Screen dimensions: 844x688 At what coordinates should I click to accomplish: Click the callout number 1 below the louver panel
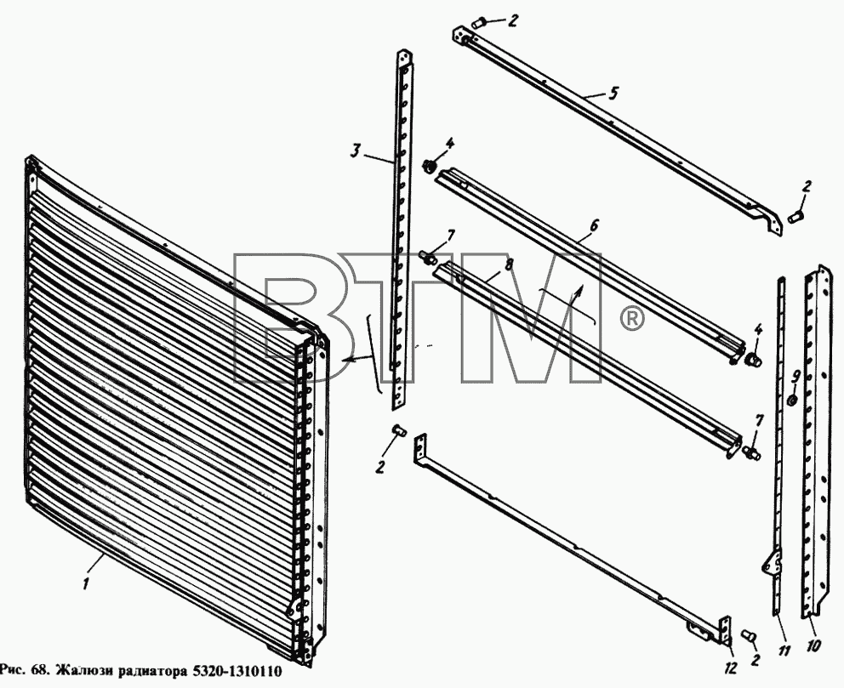tap(87, 583)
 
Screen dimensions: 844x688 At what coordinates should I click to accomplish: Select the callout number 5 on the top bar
tap(613, 93)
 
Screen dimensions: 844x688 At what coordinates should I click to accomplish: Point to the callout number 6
tap(593, 226)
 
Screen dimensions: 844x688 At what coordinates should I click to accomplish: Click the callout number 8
tap(509, 264)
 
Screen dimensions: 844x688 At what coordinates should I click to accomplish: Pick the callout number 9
tap(796, 377)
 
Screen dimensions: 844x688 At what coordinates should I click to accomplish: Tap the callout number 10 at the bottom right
tap(813, 645)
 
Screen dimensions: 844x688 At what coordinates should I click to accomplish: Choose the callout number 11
tap(784, 651)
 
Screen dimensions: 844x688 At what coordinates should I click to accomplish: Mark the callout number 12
tap(730, 668)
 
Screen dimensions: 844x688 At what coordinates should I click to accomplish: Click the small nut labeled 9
tap(792, 401)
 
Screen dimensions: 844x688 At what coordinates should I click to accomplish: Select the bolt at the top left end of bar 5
tap(479, 24)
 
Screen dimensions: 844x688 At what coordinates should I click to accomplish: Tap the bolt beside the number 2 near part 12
tap(749, 636)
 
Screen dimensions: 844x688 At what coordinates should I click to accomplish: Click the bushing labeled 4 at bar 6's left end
tap(430, 166)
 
